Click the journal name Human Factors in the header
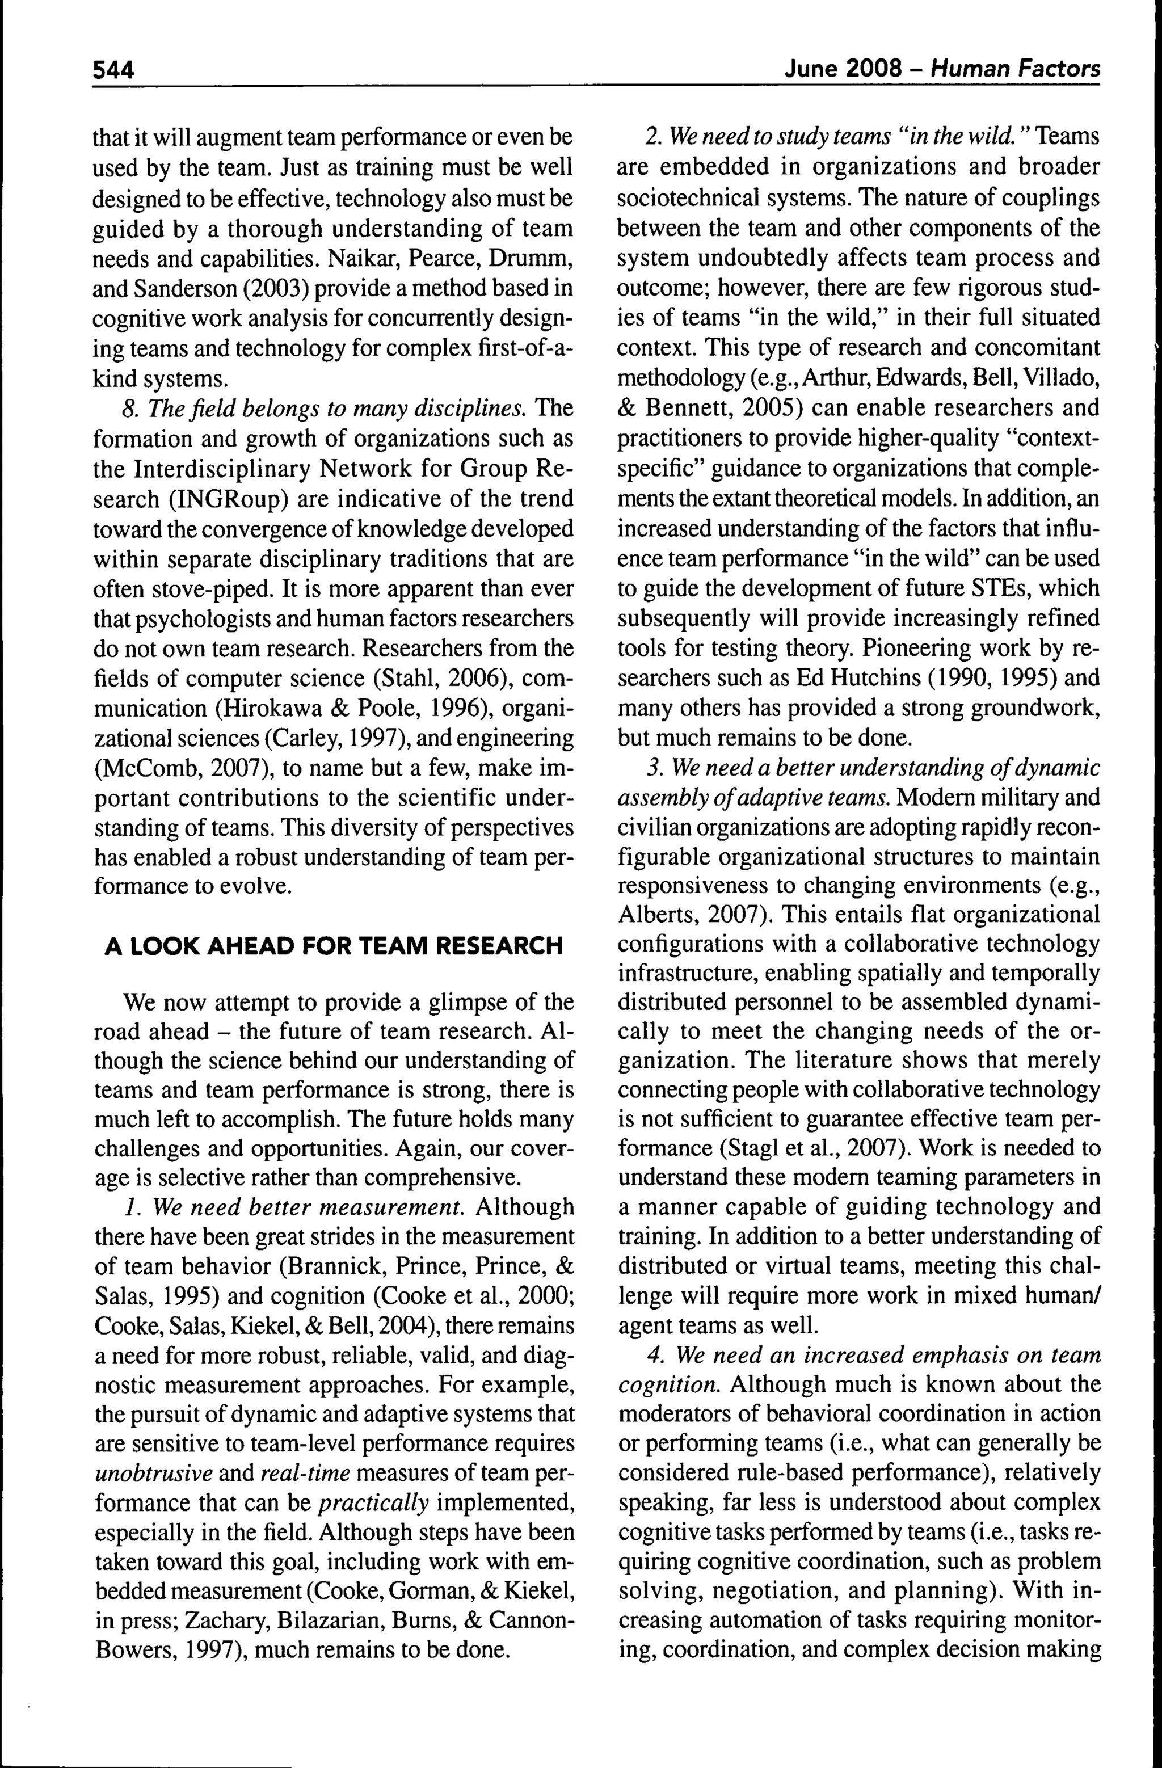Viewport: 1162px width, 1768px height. point(1015,69)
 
